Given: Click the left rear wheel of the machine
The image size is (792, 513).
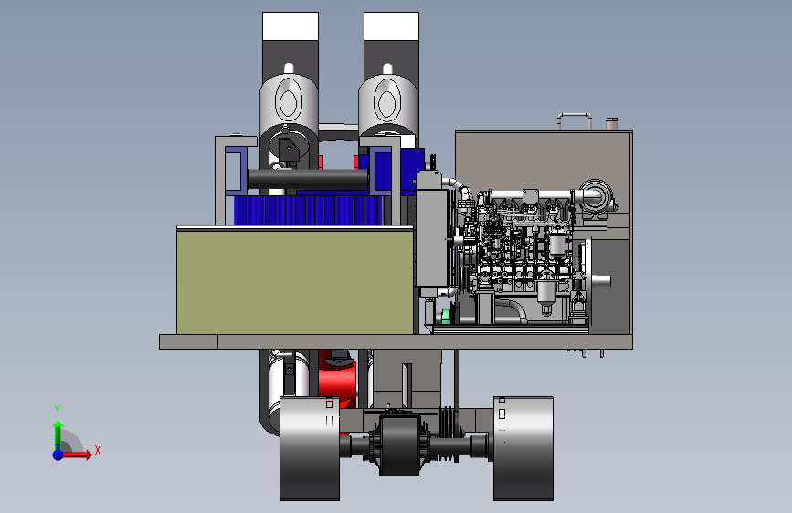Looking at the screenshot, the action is click(x=310, y=448).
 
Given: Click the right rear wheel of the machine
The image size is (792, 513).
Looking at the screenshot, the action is click(x=523, y=448).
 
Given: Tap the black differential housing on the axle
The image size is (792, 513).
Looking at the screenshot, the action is click(x=399, y=445).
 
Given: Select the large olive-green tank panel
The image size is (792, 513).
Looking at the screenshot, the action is click(x=295, y=281).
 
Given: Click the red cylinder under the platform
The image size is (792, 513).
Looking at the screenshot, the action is click(x=337, y=379).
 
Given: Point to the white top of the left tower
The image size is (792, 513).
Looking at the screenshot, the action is click(x=290, y=26).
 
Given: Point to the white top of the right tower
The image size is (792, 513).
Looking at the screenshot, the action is click(x=392, y=26).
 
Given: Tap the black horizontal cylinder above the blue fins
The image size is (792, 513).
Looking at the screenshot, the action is click(x=308, y=179).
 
